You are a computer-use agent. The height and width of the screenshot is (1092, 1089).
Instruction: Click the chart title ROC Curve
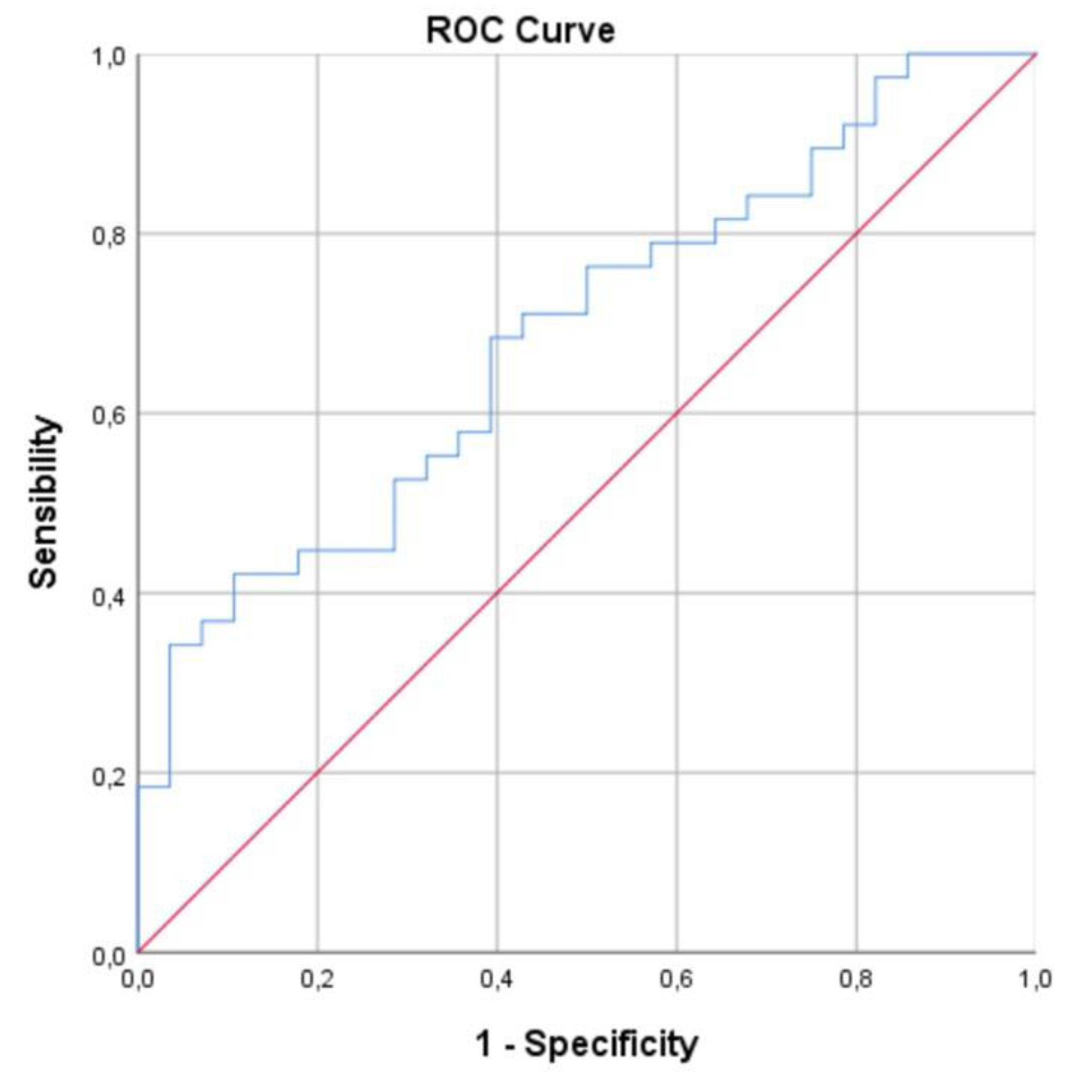[x=520, y=30]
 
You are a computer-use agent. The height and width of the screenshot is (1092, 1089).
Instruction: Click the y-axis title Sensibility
[x=44, y=502]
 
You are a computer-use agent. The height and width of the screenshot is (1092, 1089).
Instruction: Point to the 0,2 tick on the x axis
[x=317, y=979]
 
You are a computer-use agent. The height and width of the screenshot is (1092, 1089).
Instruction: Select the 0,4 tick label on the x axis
[x=496, y=979]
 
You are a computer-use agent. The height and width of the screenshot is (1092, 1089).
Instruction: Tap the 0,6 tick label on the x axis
[x=676, y=979]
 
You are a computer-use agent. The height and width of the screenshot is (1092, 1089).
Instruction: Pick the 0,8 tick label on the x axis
[x=856, y=979]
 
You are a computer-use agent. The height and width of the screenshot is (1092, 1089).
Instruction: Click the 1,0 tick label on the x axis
[x=1035, y=979]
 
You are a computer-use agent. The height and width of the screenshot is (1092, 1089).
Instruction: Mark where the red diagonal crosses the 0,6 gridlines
[x=677, y=413]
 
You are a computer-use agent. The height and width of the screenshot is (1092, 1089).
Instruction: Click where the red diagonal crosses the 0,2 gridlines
[x=318, y=773]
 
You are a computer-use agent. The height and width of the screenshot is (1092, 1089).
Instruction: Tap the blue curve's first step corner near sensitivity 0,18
[x=170, y=786]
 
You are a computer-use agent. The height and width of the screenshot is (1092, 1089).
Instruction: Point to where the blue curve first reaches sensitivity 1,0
[x=908, y=55]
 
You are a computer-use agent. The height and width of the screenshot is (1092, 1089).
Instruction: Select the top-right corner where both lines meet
[x=1036, y=55]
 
